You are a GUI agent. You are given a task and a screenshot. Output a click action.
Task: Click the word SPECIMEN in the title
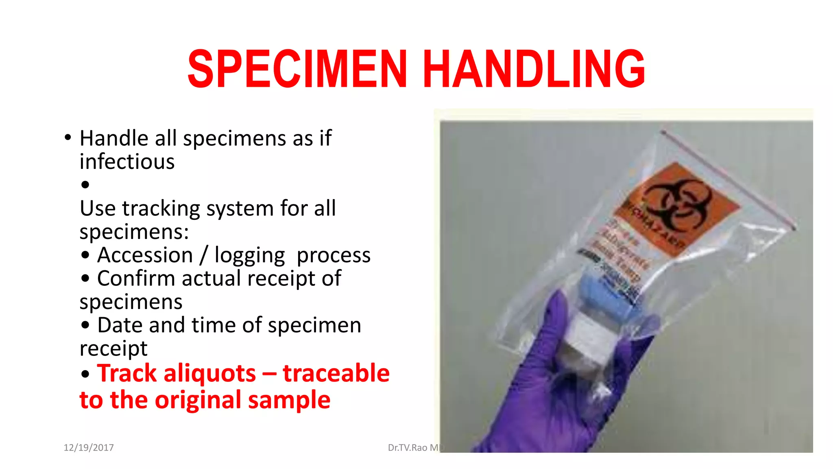(297, 68)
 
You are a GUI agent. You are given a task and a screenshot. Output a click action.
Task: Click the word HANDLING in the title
(534, 68)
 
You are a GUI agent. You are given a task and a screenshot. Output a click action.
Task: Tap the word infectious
(127, 162)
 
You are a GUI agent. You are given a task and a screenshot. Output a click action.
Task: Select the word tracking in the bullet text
(161, 209)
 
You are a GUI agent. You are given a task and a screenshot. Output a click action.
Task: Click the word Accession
(145, 255)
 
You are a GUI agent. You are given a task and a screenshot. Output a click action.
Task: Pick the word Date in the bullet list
(120, 325)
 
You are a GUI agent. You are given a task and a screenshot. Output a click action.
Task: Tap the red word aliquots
(209, 373)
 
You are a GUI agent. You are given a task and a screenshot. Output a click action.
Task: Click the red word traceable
(336, 373)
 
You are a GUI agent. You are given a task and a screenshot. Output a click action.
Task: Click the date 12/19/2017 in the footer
(89, 447)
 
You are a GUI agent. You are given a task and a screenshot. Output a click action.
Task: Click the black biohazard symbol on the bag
(677, 203)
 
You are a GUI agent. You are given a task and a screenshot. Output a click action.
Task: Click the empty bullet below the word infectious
(85, 185)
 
